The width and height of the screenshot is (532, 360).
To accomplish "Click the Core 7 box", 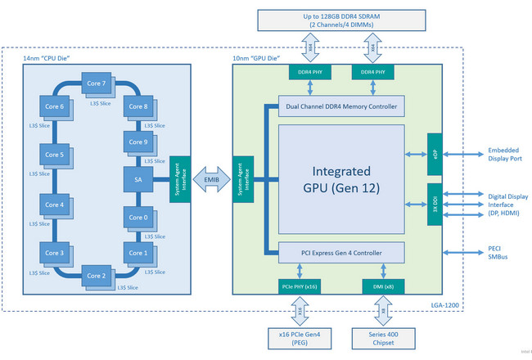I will pos(95,83).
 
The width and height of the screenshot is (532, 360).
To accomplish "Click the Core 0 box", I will pos(137,218).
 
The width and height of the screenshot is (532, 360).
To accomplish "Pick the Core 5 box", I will pos(54,155).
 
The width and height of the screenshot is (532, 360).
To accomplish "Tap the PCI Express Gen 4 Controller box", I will pos(341,252).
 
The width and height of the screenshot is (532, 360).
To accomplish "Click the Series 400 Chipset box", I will pos(381,339).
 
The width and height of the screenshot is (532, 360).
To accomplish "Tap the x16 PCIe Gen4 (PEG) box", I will pos(299,339).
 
